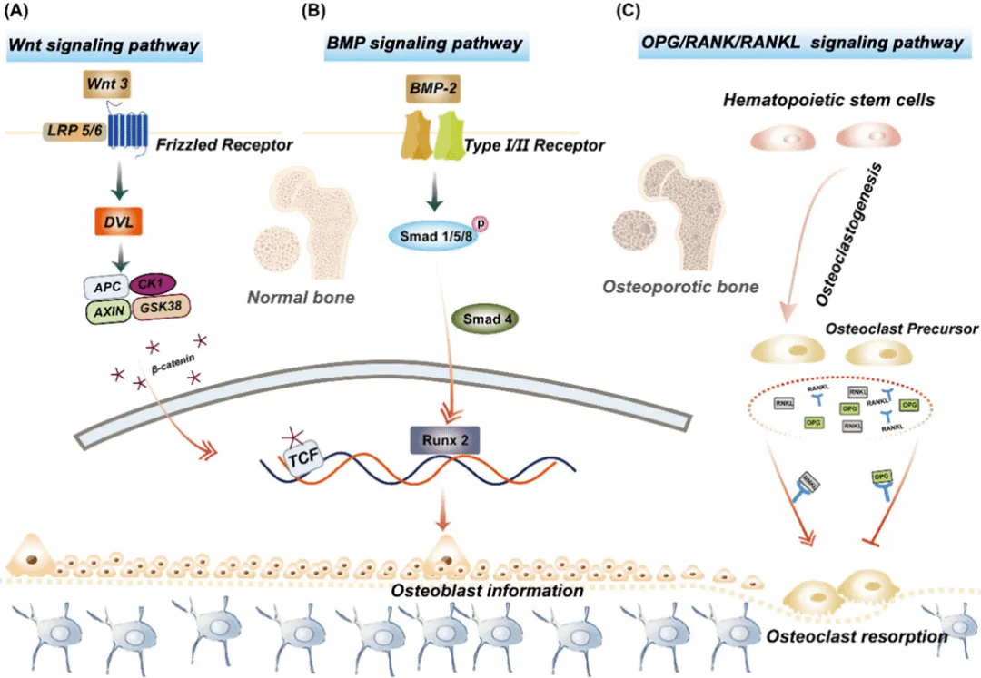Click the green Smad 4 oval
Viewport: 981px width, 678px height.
(482, 321)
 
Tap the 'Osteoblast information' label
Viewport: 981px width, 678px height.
(487, 591)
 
